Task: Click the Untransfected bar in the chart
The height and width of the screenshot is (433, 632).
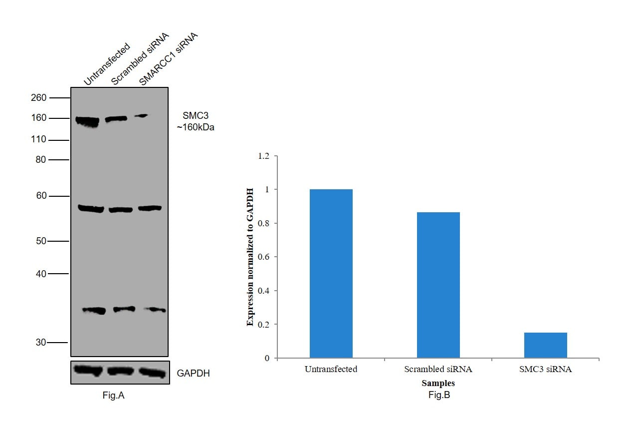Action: (x=331, y=274)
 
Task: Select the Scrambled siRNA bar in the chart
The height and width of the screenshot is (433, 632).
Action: (x=438, y=285)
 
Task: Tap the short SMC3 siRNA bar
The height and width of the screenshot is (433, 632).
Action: (x=545, y=345)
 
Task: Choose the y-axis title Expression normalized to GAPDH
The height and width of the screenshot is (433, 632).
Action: (x=250, y=257)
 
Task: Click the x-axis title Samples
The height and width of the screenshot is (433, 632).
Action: (x=438, y=384)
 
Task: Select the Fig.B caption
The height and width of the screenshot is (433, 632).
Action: (x=439, y=395)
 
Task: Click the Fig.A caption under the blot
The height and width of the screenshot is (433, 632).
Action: (x=113, y=396)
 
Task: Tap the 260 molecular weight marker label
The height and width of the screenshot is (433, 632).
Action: (x=38, y=98)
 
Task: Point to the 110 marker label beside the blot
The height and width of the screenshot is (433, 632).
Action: (x=38, y=140)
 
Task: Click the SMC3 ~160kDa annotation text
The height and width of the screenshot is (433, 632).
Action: (x=195, y=121)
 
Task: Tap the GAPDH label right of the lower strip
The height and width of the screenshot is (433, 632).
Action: (x=193, y=373)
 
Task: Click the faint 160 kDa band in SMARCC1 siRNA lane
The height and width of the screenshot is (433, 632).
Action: (x=142, y=116)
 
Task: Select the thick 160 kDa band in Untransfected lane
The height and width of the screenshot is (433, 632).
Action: (x=87, y=121)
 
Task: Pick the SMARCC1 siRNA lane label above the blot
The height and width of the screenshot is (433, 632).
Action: (x=168, y=59)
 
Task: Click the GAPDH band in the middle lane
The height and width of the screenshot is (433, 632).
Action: (x=120, y=371)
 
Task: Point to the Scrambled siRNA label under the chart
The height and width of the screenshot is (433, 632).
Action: (x=438, y=370)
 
